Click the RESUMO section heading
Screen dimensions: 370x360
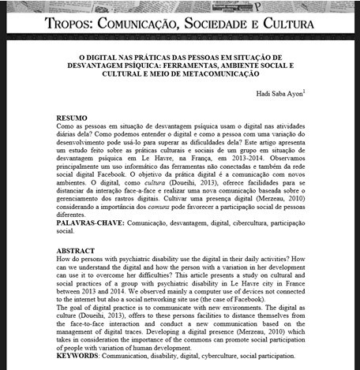(x=73, y=118)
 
